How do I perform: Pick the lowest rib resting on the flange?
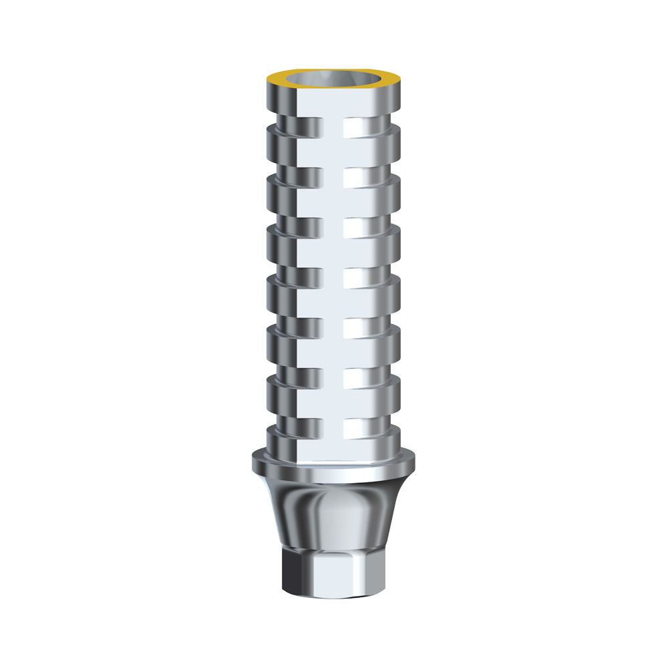[333, 441]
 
